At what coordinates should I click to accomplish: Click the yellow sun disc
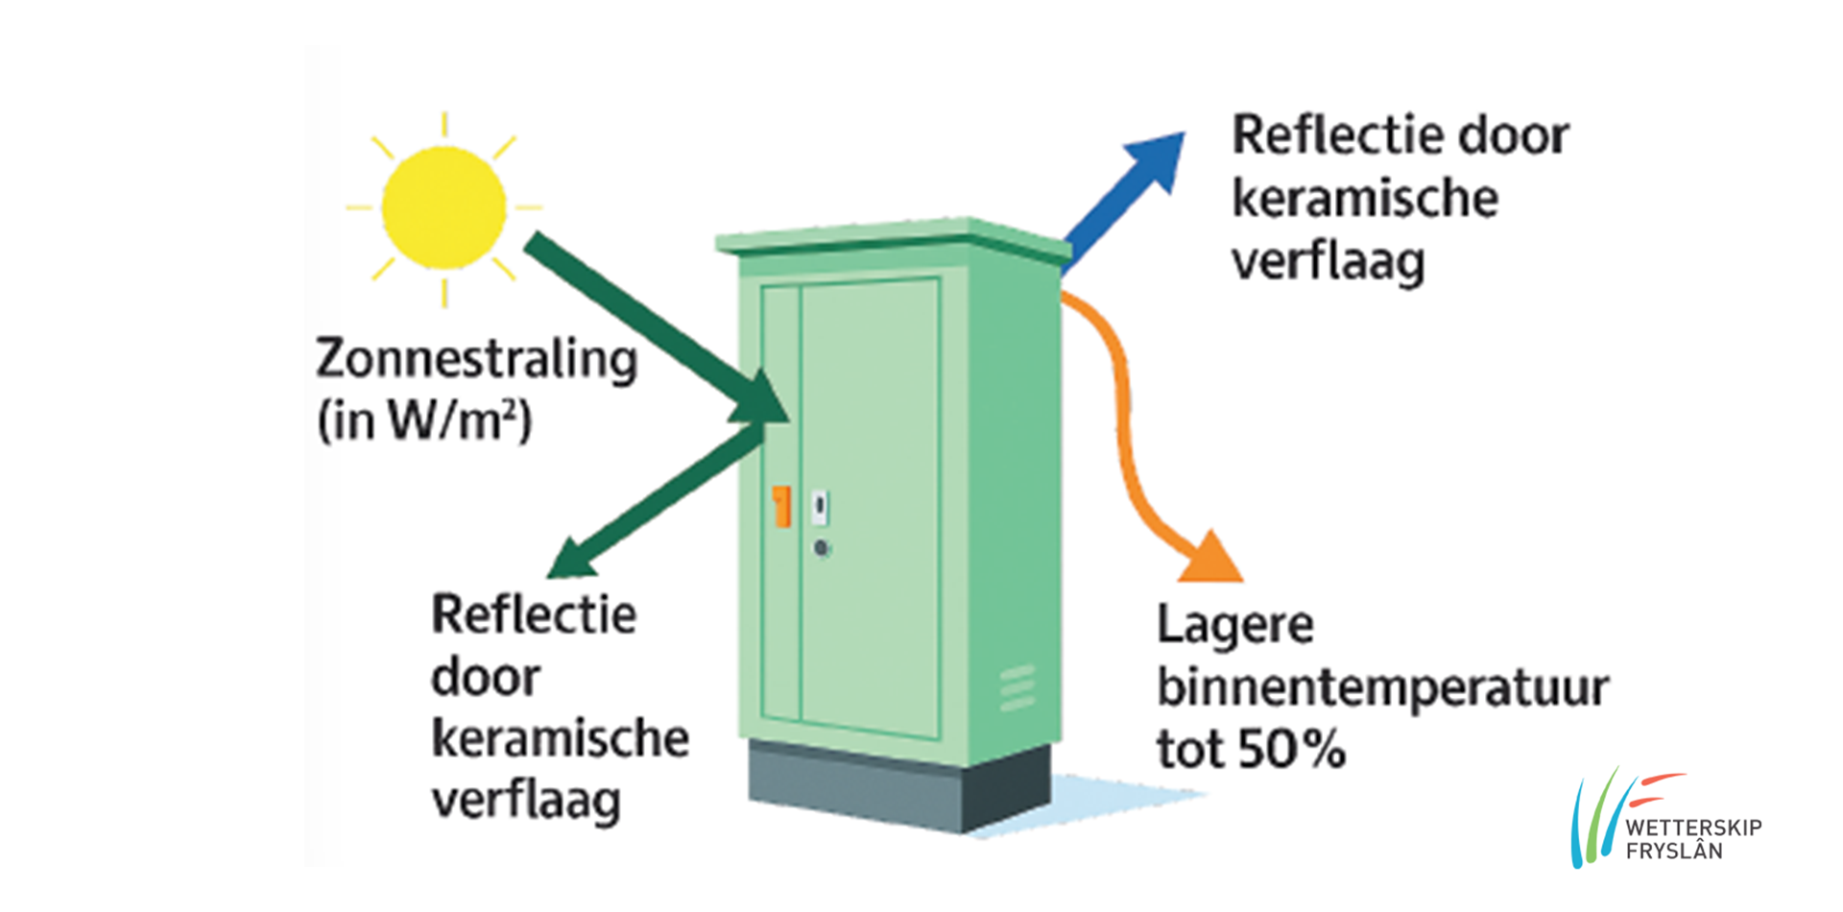coord(443,207)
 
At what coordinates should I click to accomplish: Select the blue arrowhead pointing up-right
coord(1159,158)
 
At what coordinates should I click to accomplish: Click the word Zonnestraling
coord(477,360)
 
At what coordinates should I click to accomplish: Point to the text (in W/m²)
coord(424,420)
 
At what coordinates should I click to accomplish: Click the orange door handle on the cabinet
coord(782,506)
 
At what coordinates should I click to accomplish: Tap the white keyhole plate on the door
coord(820,506)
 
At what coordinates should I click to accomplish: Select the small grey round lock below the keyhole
coord(822,549)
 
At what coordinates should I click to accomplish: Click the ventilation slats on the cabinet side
coord(1017,688)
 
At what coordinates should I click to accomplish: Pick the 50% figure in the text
coord(1291,750)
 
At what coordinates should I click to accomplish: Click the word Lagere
coord(1235,626)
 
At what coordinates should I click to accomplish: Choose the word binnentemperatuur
coord(1382,688)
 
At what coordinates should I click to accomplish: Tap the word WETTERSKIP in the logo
coord(1693,828)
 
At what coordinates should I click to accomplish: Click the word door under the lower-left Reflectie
coord(486,678)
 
